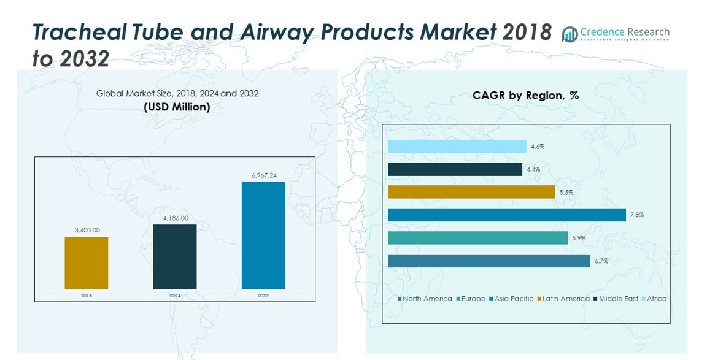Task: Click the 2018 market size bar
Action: coord(87,262)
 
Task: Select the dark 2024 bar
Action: coord(175,256)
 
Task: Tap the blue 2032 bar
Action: coord(263,235)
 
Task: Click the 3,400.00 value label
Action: coord(87,230)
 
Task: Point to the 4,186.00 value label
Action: coord(175,218)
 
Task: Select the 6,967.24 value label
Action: coord(263,175)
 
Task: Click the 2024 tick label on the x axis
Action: coord(175,296)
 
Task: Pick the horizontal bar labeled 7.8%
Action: coord(507,215)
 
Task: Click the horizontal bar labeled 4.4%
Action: coord(455,169)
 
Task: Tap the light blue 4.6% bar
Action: coord(457,147)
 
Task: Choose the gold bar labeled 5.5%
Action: coord(471,192)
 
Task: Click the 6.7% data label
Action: coord(601,261)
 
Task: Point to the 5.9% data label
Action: coord(578,238)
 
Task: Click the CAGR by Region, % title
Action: coord(525,96)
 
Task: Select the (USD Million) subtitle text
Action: coord(177,107)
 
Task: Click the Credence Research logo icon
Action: coord(570,34)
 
